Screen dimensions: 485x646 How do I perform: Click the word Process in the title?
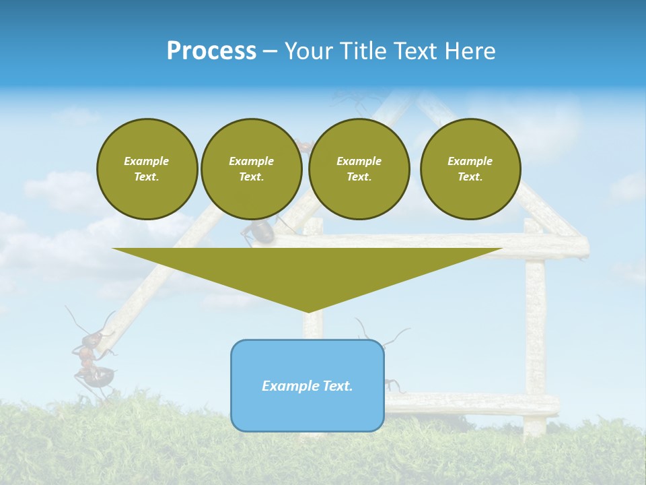pyautogui.click(x=211, y=51)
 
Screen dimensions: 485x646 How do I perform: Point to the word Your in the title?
pyautogui.click(x=308, y=51)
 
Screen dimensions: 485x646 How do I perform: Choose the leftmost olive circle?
pyautogui.click(x=147, y=169)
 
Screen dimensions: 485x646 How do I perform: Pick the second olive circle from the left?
pyautogui.click(x=251, y=169)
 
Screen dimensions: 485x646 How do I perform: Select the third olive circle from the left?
pyautogui.click(x=359, y=169)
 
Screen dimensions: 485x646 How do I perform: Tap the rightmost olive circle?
pyautogui.click(x=470, y=169)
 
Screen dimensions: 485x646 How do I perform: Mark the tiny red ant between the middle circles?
pyautogui.click(x=303, y=145)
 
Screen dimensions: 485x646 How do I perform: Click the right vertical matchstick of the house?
pyautogui.click(x=535, y=323)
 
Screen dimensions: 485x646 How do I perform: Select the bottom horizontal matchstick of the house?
pyautogui.click(x=471, y=403)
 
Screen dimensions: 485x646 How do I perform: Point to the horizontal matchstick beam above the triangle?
pyautogui.click(x=431, y=240)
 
